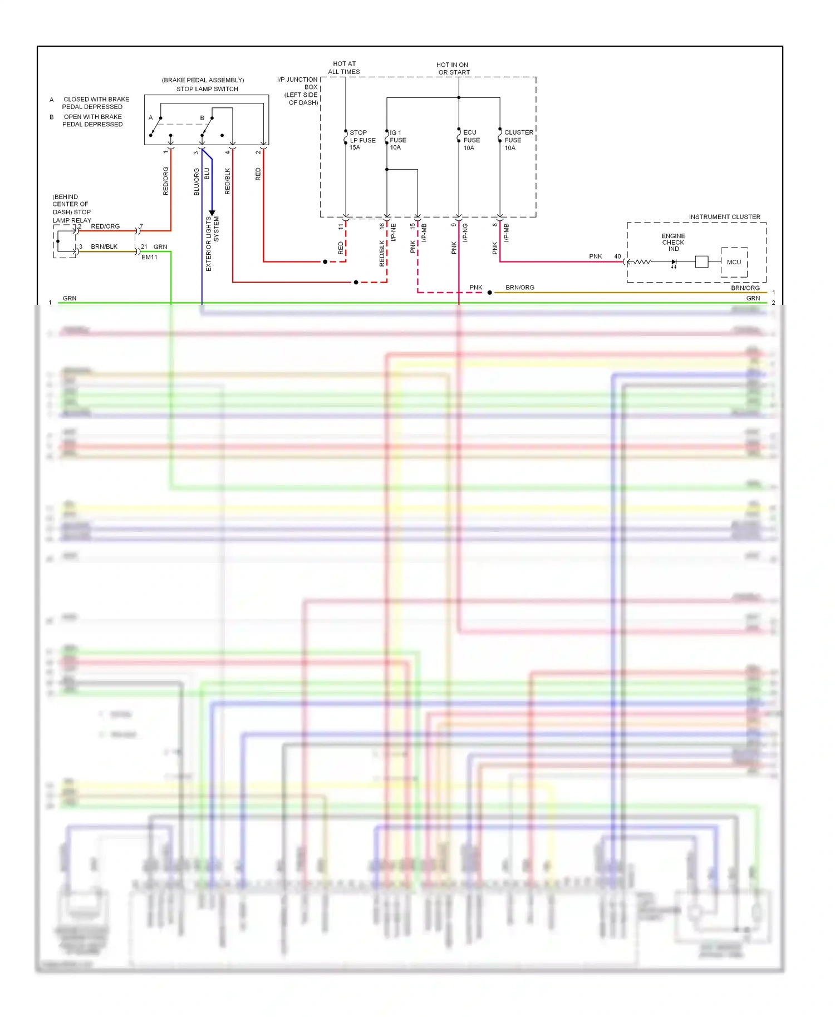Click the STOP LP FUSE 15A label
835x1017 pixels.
pos(362,140)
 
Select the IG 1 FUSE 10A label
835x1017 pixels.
pos(397,140)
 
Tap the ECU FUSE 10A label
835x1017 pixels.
pos(471,140)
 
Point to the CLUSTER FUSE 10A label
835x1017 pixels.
pos(518,140)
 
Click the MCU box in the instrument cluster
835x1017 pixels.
pos(734,262)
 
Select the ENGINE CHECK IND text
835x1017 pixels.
pos(673,243)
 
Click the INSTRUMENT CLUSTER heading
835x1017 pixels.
pos(724,217)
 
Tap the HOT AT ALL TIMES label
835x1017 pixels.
pos(344,68)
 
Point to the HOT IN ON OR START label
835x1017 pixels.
pos(453,68)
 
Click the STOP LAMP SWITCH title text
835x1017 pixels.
pos(207,89)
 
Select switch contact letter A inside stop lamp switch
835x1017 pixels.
pos(151,118)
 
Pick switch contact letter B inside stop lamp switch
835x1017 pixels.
pos(202,118)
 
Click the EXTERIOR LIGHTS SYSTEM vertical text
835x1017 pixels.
pos(212,244)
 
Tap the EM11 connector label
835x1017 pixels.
pos(149,258)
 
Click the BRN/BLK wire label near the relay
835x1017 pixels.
pos(104,246)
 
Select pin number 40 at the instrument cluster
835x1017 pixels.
pos(617,256)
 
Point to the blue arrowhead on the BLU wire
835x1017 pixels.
pos(212,213)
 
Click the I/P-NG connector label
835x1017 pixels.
pos(465,233)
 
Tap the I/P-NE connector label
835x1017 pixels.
pos(393,233)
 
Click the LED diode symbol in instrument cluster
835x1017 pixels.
pos(674,262)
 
